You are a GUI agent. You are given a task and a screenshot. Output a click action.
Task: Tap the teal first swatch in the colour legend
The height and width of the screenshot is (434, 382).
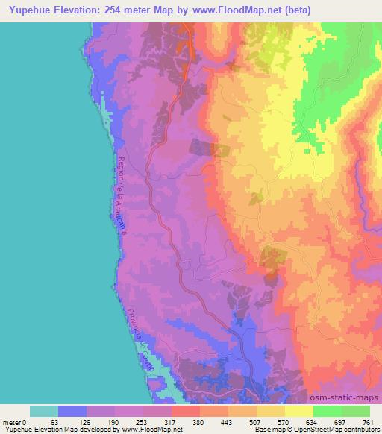pos(44,411)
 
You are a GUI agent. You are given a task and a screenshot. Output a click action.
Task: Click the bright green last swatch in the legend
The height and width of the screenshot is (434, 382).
pos(356,411)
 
